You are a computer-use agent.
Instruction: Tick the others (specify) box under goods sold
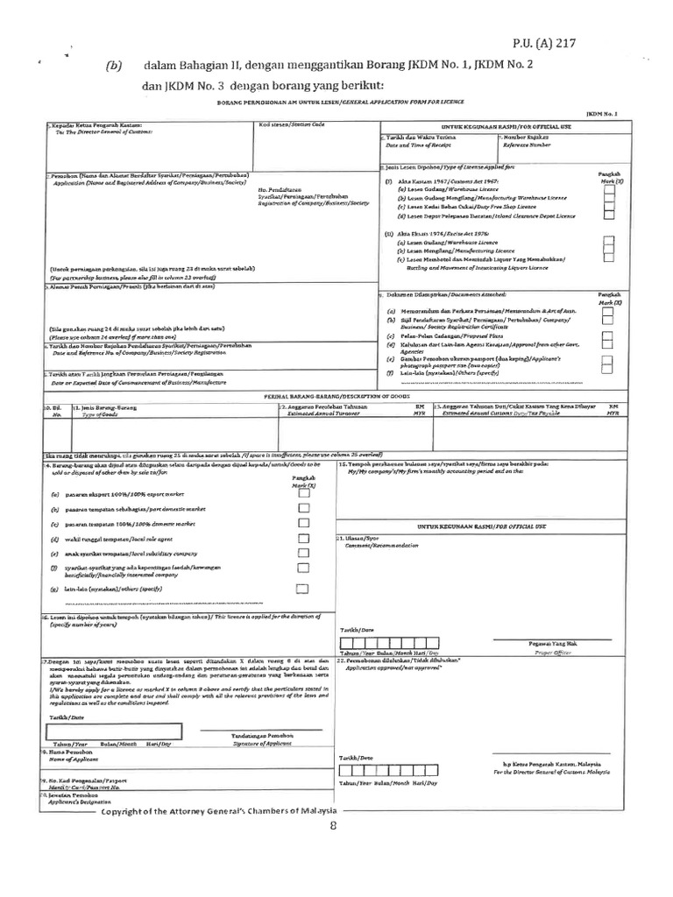click(303, 589)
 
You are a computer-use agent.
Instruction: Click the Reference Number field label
click(525, 145)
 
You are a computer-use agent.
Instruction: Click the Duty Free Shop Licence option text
click(471, 206)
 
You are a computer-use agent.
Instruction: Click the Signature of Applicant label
click(250, 742)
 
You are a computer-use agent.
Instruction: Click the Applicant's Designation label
click(74, 800)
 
